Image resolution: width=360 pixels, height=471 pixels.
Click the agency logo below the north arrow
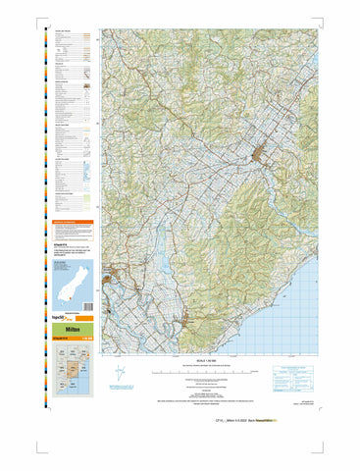coord(121,391)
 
